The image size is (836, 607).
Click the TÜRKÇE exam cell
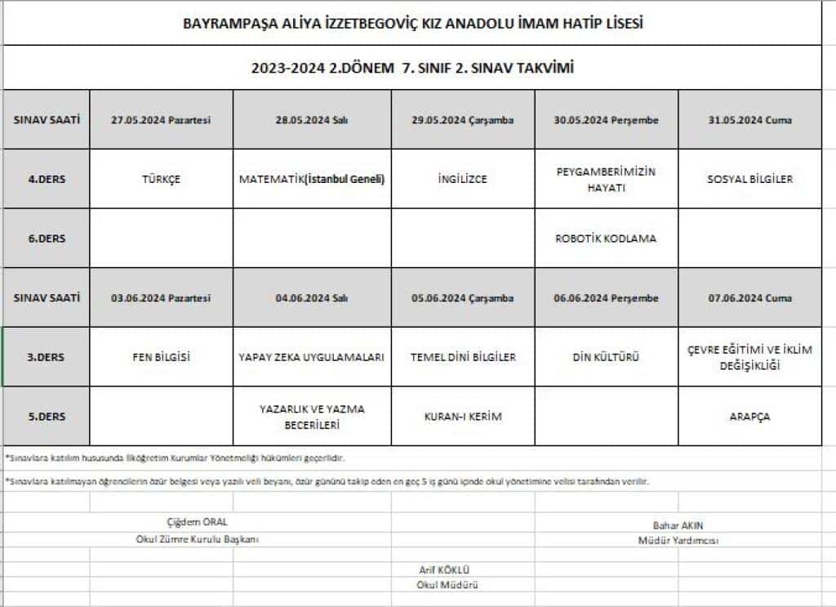coord(161,179)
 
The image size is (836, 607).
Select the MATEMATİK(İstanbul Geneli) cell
coord(312,179)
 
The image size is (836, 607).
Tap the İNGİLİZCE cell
coord(462,179)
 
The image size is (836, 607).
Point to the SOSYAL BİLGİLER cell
coord(749,179)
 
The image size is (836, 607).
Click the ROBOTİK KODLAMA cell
coord(606,239)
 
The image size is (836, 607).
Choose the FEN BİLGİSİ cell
coord(161,357)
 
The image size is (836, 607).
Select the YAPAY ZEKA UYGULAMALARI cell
coord(312,357)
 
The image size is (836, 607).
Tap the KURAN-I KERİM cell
coord(462,417)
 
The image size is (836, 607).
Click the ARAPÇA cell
coord(749,417)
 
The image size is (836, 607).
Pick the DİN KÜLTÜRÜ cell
coord(606,357)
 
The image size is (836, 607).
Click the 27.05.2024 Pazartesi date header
coord(161,120)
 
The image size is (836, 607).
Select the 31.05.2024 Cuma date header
coord(749,120)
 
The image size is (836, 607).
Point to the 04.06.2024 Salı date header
coord(312,298)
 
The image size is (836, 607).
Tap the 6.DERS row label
coord(47,239)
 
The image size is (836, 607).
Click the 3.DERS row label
coord(47,357)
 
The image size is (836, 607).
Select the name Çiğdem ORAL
coord(197,521)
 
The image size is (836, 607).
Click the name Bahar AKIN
coord(678,525)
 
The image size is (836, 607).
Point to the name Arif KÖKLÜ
coord(446,569)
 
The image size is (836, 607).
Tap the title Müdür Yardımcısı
coord(678,540)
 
